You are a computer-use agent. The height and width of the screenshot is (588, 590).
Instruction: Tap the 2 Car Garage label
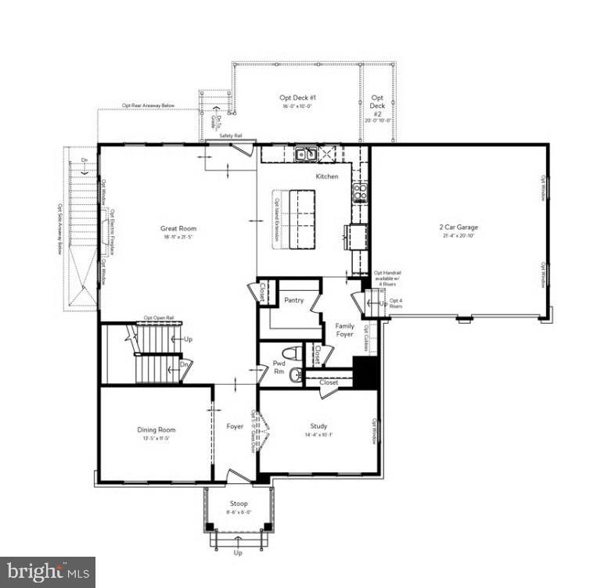pos(458,228)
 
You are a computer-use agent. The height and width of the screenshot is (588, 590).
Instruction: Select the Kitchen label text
pos(327,177)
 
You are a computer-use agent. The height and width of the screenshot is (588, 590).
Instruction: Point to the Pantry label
pos(293,300)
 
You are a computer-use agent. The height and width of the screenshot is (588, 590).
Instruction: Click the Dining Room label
pos(156,430)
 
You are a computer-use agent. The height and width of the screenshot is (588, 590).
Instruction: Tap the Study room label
pos(318,427)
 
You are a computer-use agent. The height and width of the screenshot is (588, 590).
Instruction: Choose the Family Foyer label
pos(345,329)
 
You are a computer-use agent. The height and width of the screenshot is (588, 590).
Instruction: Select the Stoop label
pos(239,504)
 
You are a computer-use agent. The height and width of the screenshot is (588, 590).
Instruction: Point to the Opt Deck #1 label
pos(297,98)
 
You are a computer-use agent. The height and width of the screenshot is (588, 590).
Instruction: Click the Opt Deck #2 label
pos(377,106)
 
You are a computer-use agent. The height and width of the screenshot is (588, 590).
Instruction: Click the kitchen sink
pos(306,154)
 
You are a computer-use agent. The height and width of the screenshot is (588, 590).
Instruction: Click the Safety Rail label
pos(231,136)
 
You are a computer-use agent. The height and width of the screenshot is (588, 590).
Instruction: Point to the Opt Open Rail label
pos(159,318)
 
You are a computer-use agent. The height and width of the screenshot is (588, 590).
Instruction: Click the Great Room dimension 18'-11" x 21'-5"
pos(179,236)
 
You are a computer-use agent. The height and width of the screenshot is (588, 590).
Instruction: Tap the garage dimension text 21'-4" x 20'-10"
pos(458,236)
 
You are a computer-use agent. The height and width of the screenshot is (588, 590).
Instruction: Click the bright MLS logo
pos(47,572)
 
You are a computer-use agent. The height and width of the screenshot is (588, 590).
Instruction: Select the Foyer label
pos(235,427)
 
